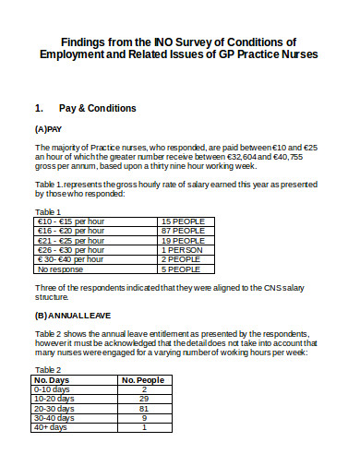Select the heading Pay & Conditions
point(98,109)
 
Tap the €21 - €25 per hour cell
point(70,242)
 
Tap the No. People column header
point(143,380)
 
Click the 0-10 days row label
point(52,389)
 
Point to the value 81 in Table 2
point(143,409)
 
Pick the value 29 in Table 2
point(143,399)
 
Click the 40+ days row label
point(50,427)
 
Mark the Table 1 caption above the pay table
point(47,212)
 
